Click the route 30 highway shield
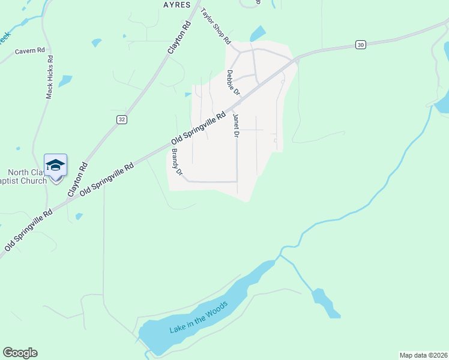pyautogui.click(x=360, y=44)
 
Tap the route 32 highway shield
pyautogui.click(x=121, y=119)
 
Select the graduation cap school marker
pyautogui.click(x=55, y=166)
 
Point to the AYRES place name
pyautogui.click(x=176, y=5)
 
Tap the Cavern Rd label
pyautogui.click(x=31, y=52)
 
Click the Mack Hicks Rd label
pyautogui.click(x=50, y=77)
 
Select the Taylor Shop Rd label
pyautogui.click(x=215, y=27)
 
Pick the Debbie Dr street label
pyautogui.click(x=233, y=83)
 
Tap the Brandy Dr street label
pyautogui.click(x=176, y=162)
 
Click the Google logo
pyautogui.click(x=20, y=353)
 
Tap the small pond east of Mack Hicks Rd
pyautogui.click(x=65, y=80)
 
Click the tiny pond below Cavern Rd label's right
pyautogui.click(x=96, y=43)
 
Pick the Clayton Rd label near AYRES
pyautogui.click(x=179, y=38)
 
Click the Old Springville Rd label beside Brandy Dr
pyautogui.click(x=197, y=127)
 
